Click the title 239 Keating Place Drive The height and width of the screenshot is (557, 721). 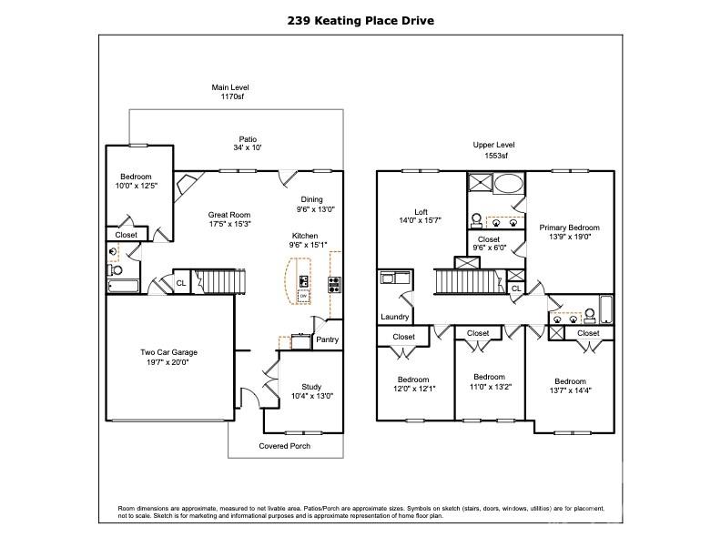(360, 21)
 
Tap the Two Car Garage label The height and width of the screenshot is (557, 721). (168, 352)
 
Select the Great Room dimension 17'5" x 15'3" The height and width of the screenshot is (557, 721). (229, 224)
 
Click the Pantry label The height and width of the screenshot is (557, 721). (328, 339)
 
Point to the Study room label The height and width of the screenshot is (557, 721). (311, 387)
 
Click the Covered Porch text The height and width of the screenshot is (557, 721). (285, 446)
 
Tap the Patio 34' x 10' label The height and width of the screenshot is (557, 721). (248, 144)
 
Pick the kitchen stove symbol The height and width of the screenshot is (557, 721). (334, 285)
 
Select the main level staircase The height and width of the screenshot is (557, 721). (219, 281)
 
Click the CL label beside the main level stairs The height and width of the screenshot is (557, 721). (181, 283)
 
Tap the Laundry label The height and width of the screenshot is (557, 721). (394, 317)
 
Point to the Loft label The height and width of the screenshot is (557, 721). (421, 212)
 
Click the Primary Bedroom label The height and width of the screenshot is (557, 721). (569, 228)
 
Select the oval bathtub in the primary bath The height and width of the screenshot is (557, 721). (508, 183)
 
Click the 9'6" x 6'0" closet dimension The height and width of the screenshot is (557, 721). (489, 248)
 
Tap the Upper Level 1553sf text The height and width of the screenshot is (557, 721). (493, 150)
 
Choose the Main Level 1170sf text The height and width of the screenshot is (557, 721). (230, 92)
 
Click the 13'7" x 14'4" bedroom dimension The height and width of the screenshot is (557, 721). (570, 390)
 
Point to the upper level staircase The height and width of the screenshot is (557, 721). (469, 281)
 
